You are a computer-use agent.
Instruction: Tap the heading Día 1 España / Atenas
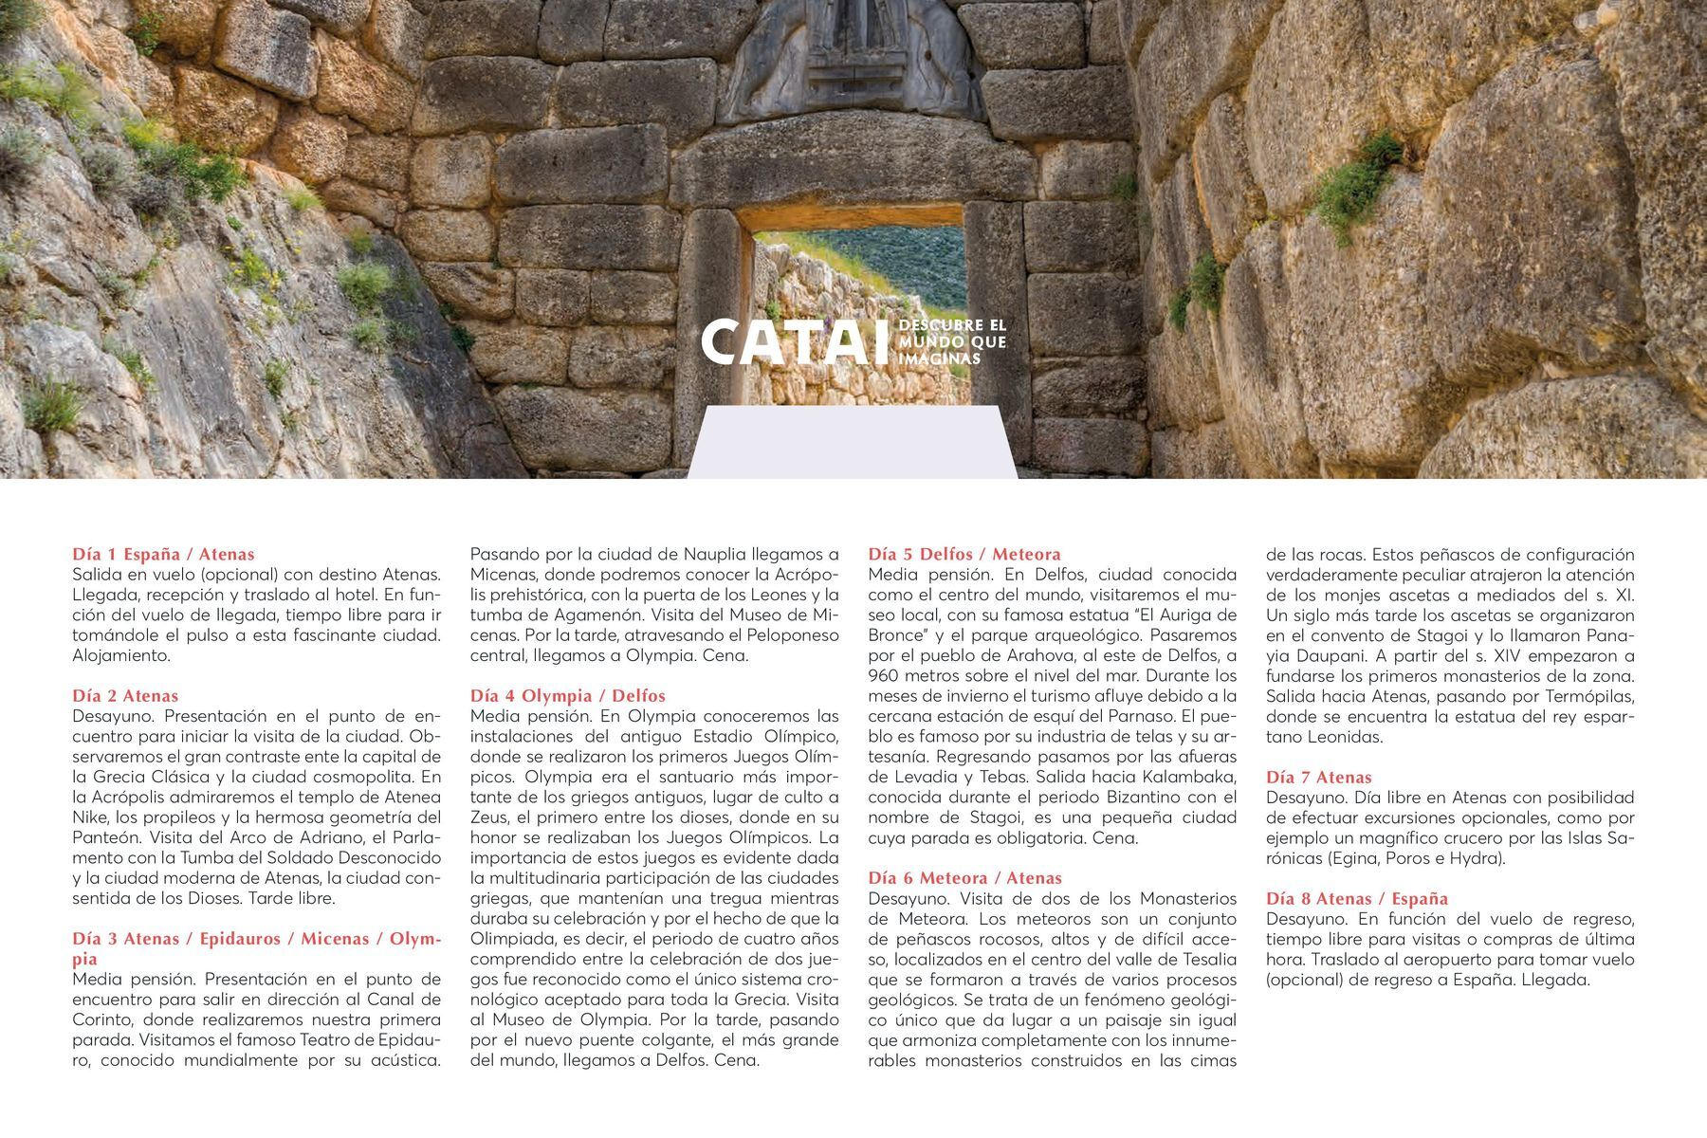[x=163, y=554]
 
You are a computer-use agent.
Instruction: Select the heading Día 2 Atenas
[x=125, y=695]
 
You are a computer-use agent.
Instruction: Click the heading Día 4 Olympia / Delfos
[x=568, y=695]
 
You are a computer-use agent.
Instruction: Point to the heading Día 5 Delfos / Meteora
[x=964, y=554]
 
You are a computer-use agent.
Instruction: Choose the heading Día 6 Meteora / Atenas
[x=964, y=878]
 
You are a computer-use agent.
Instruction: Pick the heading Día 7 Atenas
[x=1318, y=777]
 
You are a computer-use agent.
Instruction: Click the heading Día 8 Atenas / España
[x=1357, y=898]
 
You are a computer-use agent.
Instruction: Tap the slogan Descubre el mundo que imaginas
[x=952, y=342]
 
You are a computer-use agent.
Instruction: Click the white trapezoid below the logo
[x=852, y=442]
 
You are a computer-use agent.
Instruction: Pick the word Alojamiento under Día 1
[x=121, y=655]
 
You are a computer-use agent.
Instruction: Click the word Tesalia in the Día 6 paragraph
[x=1202, y=960]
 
